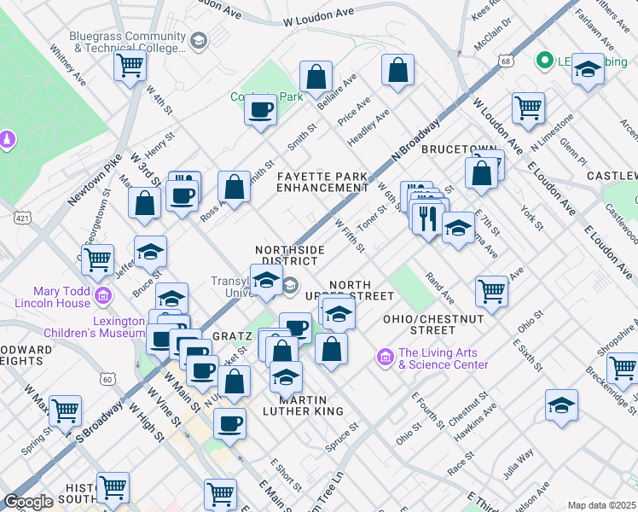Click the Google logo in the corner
[x=28, y=502]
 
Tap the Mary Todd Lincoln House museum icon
[x=104, y=296]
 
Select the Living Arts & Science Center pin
[x=385, y=354]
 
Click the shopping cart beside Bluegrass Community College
[x=130, y=65]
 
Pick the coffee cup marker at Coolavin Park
[x=261, y=108]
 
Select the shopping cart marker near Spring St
[x=65, y=411]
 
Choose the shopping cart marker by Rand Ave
[x=492, y=291]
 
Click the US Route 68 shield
[x=507, y=61]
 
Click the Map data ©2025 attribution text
[x=600, y=505]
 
